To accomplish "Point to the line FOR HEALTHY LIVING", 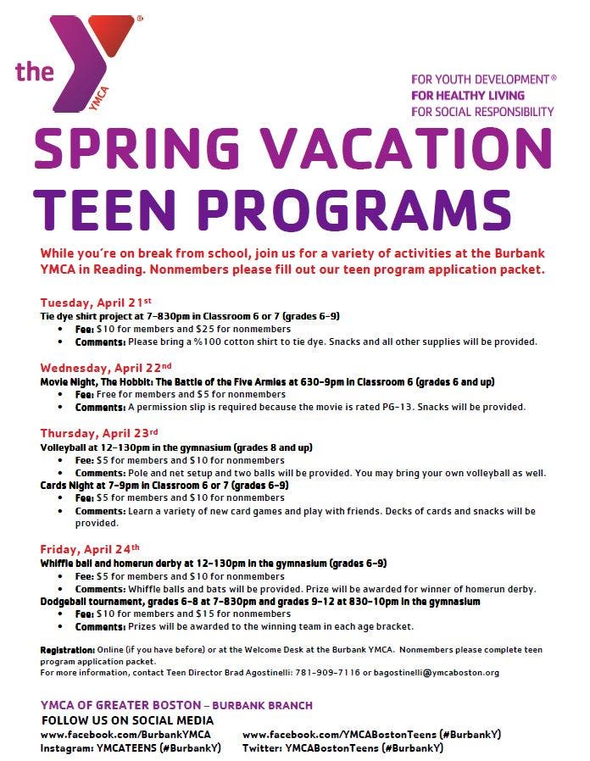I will [468, 95].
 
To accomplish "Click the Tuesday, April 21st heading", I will [95, 302].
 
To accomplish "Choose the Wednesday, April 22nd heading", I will [106, 368].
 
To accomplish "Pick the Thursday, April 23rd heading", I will [99, 433].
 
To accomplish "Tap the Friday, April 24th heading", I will [89, 547].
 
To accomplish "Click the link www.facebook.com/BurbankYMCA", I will [125, 735].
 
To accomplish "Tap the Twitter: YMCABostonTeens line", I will [342, 748].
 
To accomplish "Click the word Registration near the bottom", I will [67, 650].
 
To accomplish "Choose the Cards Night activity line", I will [164, 486].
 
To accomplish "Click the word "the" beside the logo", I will [35, 71].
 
